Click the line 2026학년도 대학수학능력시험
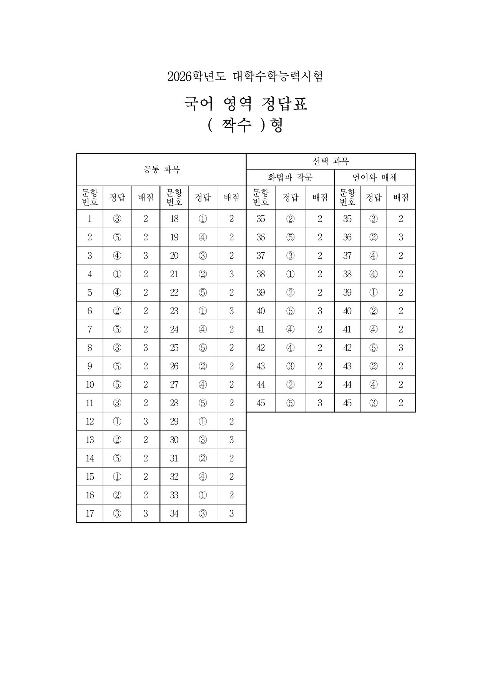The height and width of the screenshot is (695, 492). point(245,76)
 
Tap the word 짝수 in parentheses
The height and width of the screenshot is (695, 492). point(236,126)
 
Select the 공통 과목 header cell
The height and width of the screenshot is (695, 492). point(161,169)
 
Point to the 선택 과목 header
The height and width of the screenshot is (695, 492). point(331,161)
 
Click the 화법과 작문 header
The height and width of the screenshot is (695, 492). point(290,177)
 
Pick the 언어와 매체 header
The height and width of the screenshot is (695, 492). point(375,177)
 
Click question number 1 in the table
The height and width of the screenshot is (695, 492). point(90,219)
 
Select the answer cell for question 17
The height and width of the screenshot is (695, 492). point(117,514)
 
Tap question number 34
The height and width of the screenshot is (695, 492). point(174,514)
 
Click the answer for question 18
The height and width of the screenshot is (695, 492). point(203,219)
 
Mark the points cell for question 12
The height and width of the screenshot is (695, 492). point(146,422)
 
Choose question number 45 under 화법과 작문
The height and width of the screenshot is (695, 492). point(261,403)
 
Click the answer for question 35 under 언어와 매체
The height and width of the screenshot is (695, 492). point(374,219)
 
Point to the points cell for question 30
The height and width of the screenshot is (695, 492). point(231,440)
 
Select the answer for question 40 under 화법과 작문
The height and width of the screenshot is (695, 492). point(291,311)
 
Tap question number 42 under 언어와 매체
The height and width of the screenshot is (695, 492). point(347,348)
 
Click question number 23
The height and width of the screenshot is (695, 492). point(174,311)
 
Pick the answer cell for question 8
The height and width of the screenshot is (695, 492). point(117,348)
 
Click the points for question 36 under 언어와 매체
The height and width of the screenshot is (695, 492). point(401,237)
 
